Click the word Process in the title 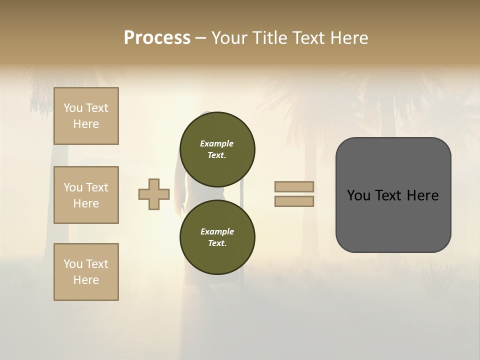pyautogui.click(x=157, y=38)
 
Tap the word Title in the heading pyautogui.click(x=267, y=38)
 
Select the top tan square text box pyautogui.click(x=86, y=116)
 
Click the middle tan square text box pyautogui.click(x=86, y=195)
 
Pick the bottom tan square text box pyautogui.click(x=86, y=272)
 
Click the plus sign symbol pyautogui.click(x=154, y=194)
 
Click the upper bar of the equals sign pyautogui.click(x=294, y=186)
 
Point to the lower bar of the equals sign pyautogui.click(x=294, y=201)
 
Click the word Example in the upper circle pyautogui.click(x=217, y=143)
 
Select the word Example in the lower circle pyautogui.click(x=217, y=231)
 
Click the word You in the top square pyautogui.click(x=73, y=108)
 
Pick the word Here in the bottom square pyautogui.click(x=86, y=280)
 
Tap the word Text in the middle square pyautogui.click(x=97, y=187)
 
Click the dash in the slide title pyautogui.click(x=200, y=38)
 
